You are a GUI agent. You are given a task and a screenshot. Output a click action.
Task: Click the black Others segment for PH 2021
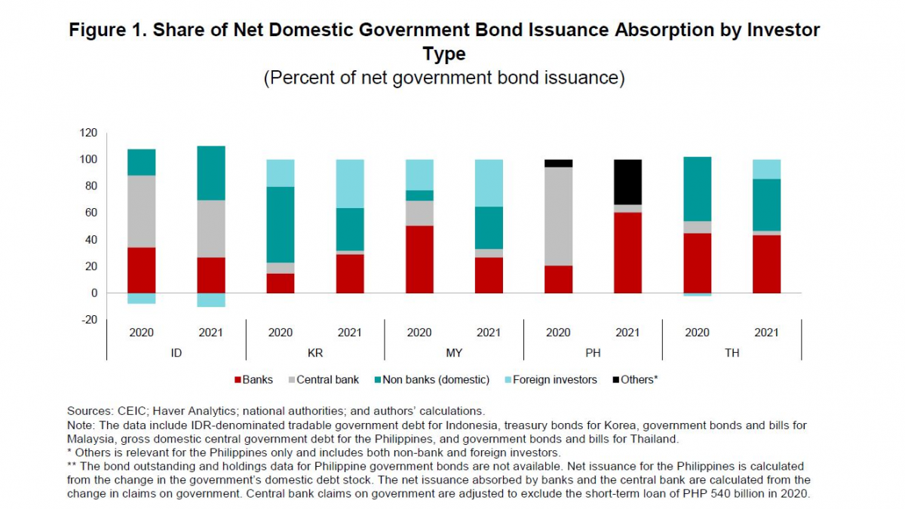tap(627, 182)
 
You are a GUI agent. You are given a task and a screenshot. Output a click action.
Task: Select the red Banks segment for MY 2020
tap(419, 259)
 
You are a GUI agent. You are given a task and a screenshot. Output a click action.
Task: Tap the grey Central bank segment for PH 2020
tap(558, 216)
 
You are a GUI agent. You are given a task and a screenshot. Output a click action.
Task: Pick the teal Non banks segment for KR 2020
tap(281, 224)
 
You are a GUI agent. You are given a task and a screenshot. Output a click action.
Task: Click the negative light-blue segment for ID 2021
tap(210, 299)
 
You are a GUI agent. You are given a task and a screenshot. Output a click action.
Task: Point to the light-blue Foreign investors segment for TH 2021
tap(766, 169)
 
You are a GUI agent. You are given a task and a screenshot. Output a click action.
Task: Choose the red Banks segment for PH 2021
tap(627, 252)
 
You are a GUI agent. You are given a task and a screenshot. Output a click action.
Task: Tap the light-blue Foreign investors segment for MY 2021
tap(489, 182)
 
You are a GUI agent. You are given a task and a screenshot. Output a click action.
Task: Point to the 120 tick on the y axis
tap(88, 133)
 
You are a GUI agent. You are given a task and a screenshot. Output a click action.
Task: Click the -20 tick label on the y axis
tap(88, 320)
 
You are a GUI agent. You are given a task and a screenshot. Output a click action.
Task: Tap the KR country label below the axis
tap(314, 351)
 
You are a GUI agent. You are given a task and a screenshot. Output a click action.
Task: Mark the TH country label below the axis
tap(732, 351)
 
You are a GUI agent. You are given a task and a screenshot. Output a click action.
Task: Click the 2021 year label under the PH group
tap(627, 333)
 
